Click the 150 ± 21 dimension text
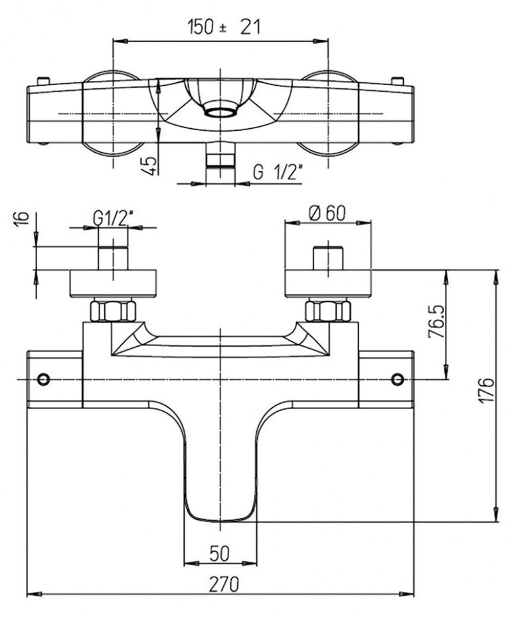[x=223, y=27]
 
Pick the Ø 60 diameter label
[x=327, y=213]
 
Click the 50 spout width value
[x=220, y=552]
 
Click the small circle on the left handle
[x=44, y=379]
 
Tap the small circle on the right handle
[x=398, y=379]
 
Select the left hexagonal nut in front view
[x=113, y=311]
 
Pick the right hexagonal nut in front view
[x=327, y=311]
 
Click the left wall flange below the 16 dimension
[x=113, y=283]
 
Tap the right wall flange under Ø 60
[x=328, y=283]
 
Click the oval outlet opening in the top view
[x=220, y=110]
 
